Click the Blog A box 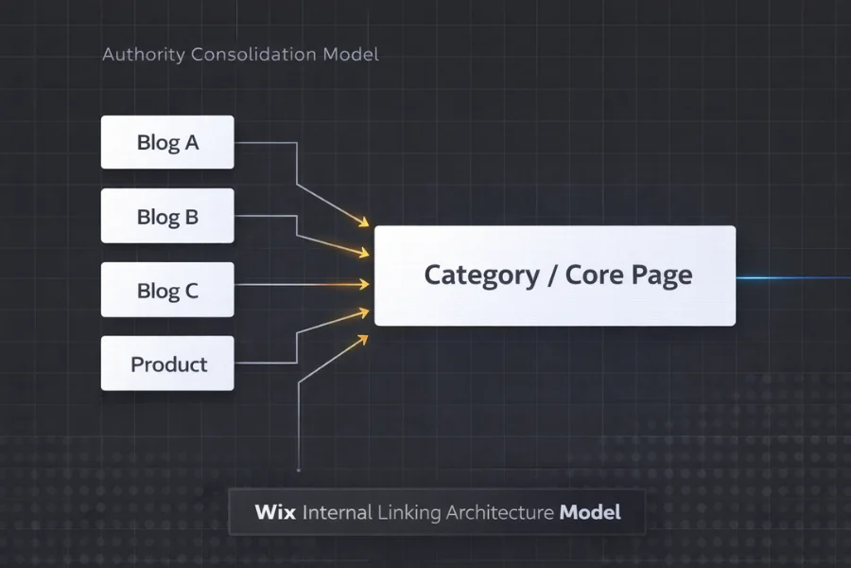point(167,143)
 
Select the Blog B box point(167,217)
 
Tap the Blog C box point(167,291)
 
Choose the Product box point(167,364)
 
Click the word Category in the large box point(480,275)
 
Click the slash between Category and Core point(551,275)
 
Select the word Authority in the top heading point(144,54)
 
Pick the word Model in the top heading point(351,54)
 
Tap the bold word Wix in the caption point(275,513)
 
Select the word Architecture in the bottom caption point(499,513)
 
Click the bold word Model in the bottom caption point(590,513)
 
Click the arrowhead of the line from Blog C point(365,284)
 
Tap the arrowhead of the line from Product point(364,311)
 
